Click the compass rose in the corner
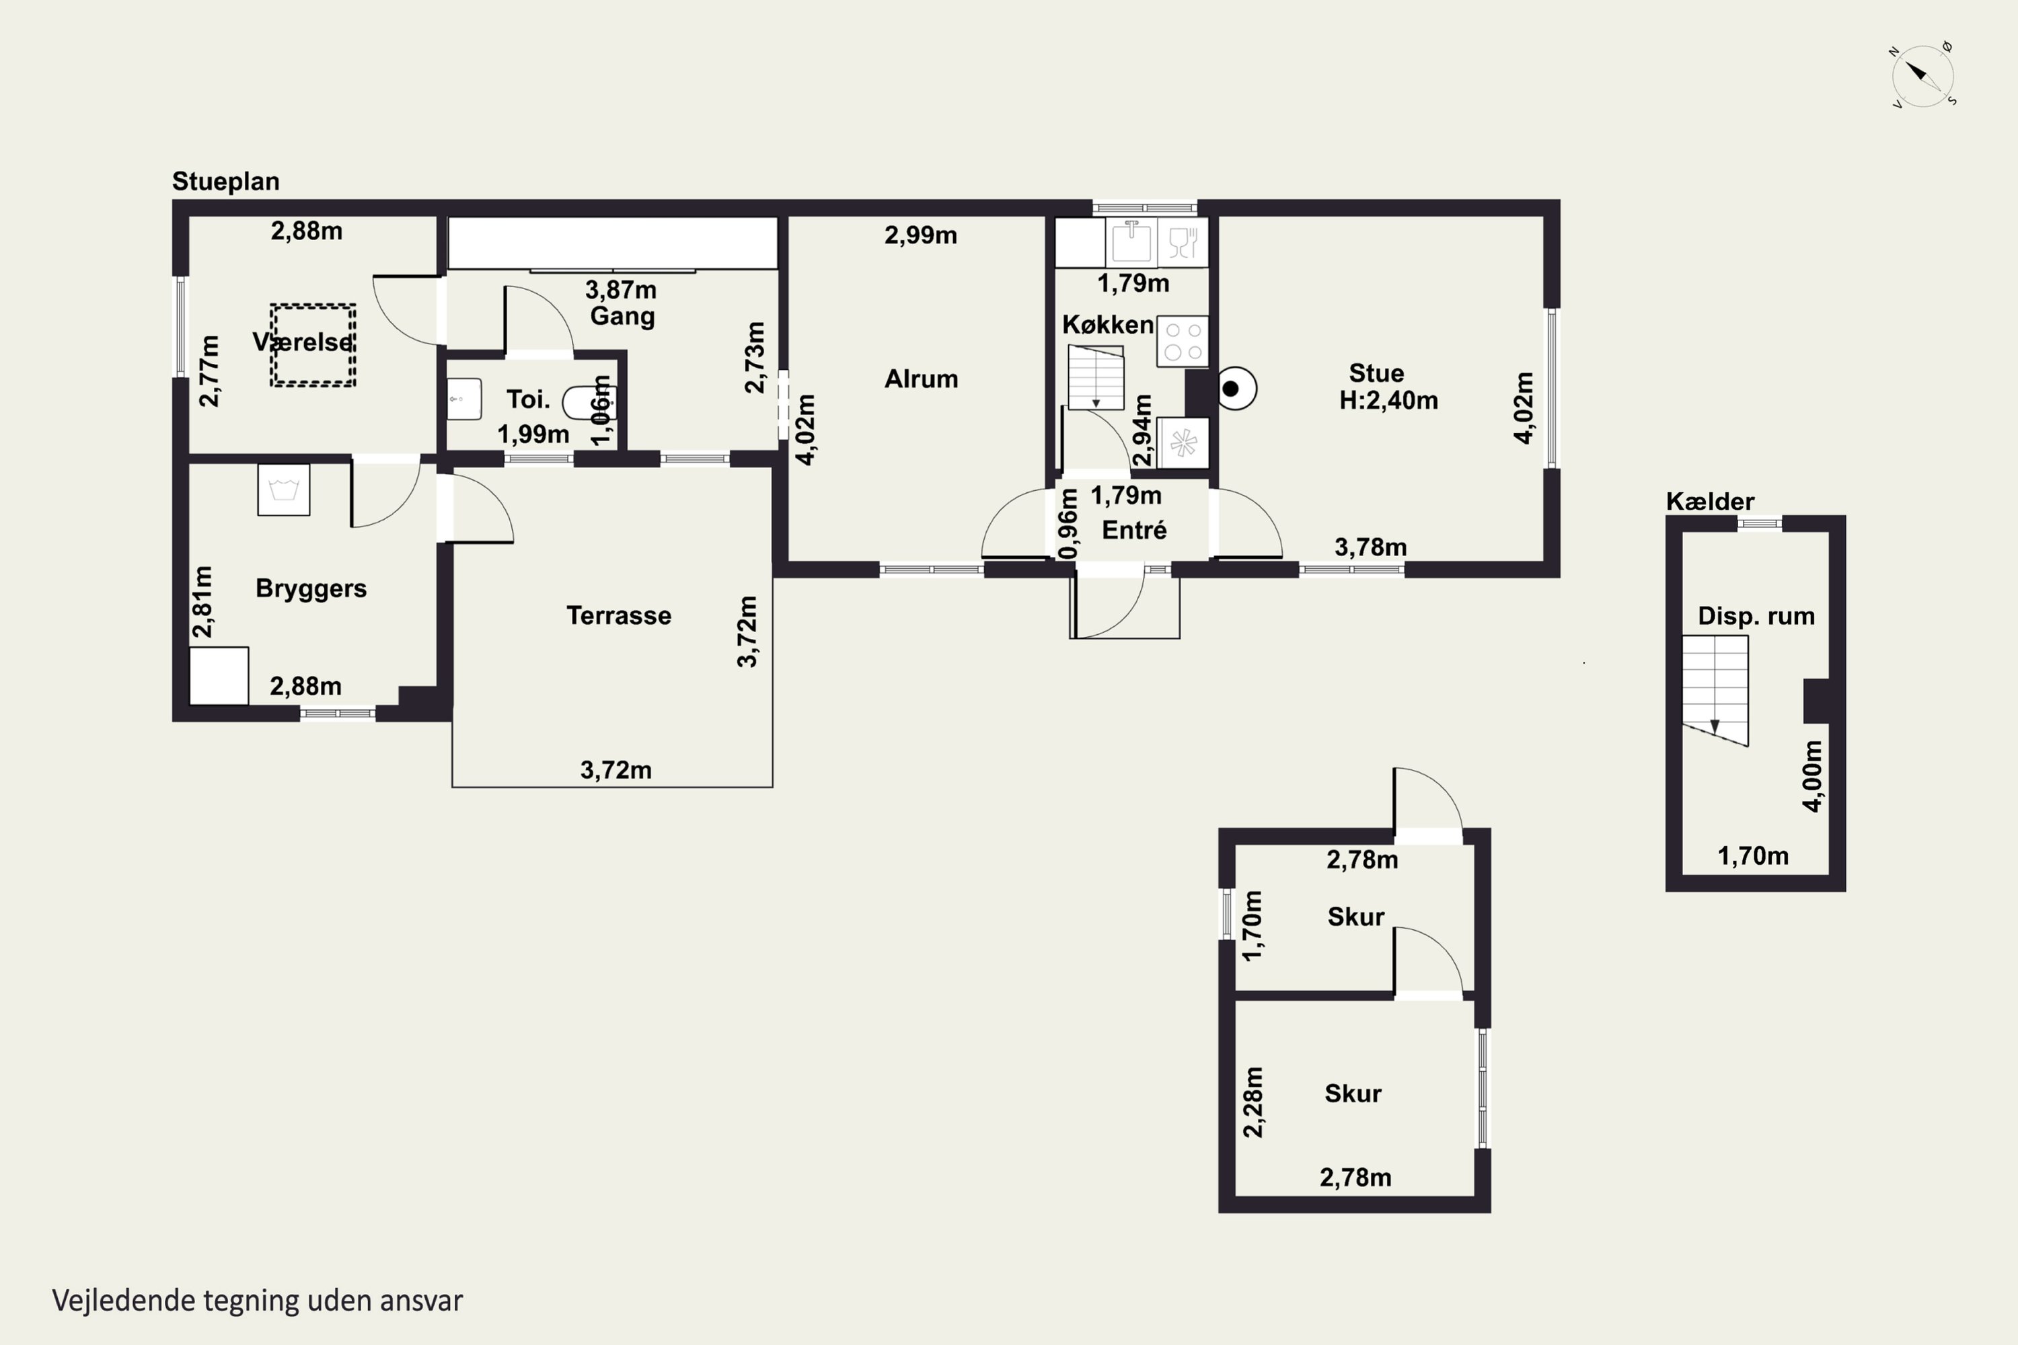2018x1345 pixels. click(1922, 75)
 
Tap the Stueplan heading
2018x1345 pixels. click(225, 182)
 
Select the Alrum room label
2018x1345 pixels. click(921, 378)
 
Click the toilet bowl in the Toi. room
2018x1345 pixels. click(589, 401)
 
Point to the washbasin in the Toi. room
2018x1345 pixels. click(464, 399)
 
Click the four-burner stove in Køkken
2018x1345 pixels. click(1183, 342)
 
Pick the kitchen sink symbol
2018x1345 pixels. click(1131, 241)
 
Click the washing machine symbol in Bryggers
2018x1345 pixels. click(284, 490)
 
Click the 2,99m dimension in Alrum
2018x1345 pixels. click(921, 235)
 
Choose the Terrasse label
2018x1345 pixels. click(619, 615)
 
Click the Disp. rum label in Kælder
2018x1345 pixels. click(1756, 616)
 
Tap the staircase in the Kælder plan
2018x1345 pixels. click(1714, 691)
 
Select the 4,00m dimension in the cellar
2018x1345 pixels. click(1812, 775)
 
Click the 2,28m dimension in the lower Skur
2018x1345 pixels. click(1253, 1102)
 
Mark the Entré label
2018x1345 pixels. click(1134, 530)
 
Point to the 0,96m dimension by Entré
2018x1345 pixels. click(1068, 523)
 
